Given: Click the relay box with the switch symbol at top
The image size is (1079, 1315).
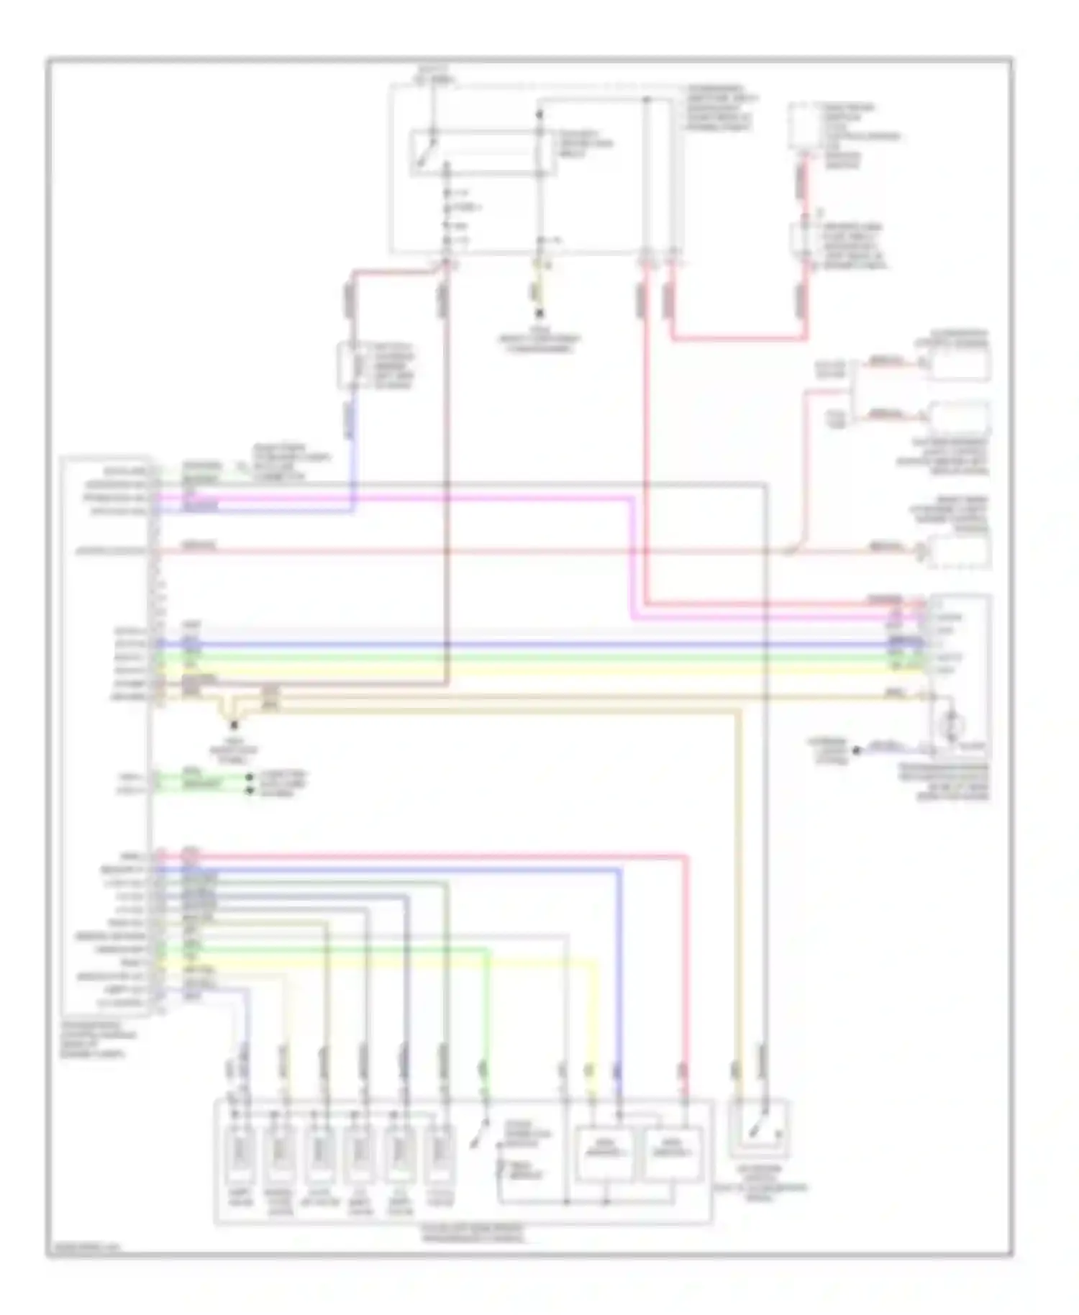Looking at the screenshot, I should point(483,153).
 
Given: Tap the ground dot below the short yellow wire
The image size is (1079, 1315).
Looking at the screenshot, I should point(538,314).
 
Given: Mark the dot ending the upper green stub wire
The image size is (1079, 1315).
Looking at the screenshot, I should point(250,778).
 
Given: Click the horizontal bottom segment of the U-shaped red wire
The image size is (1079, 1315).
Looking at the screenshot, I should point(737,337).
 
